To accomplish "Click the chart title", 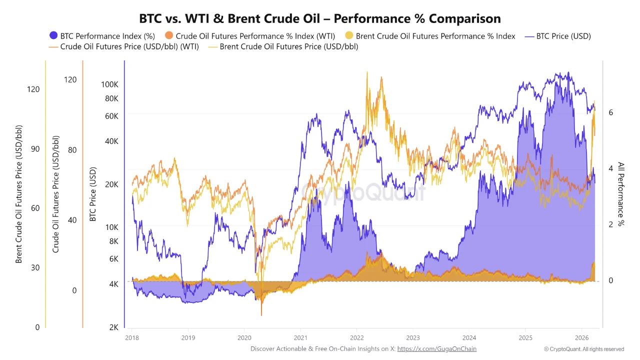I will (x=320, y=18).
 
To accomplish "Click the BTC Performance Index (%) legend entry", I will (x=102, y=36).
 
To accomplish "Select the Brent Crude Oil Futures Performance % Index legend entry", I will (x=430, y=36).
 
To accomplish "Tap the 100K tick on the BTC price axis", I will (x=109, y=84).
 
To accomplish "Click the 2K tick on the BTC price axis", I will (x=113, y=327).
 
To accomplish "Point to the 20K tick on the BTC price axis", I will (x=111, y=184).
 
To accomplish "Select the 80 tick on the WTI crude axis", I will (x=71, y=150).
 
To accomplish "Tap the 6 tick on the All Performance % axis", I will (x=610, y=112).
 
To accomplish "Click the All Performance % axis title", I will (x=621, y=194).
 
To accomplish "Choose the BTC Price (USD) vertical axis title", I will (x=92, y=194).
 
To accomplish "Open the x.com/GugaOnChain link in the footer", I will (x=436, y=348).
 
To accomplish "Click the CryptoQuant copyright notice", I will (x=584, y=349).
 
